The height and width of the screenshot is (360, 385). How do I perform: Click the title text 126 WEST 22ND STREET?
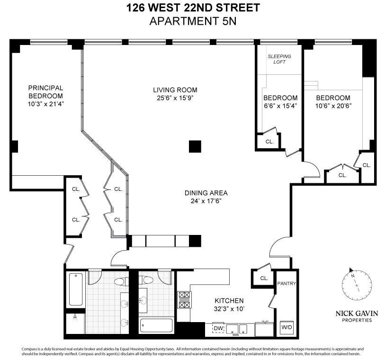pos(193,8)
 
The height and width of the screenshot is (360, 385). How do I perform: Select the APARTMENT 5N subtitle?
pos(193,21)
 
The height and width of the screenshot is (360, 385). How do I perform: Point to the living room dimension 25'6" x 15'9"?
pos(175,98)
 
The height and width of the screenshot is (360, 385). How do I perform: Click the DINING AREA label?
pos(206,193)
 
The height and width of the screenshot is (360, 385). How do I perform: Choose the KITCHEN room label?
pos(229,301)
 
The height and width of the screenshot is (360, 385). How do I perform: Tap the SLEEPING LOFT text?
pos(279,59)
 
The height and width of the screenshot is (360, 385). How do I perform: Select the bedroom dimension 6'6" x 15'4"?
pos(280,106)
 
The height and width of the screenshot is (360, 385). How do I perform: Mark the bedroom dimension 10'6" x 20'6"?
pos(333,106)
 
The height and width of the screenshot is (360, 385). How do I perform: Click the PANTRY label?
pos(287,284)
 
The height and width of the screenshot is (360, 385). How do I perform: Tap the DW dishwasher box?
pos(218,328)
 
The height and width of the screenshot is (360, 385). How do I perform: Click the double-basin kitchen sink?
pos(238,328)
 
